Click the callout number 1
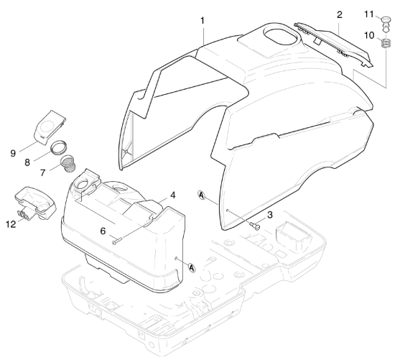coord(203,21)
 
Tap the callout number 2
coord(340,15)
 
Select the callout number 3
coord(270,215)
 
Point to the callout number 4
coord(173,195)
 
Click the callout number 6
coord(103,231)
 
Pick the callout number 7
coord(43,172)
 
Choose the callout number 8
coord(27,162)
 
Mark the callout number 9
coord(13,153)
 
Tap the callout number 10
coord(369,35)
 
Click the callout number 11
coord(369,14)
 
